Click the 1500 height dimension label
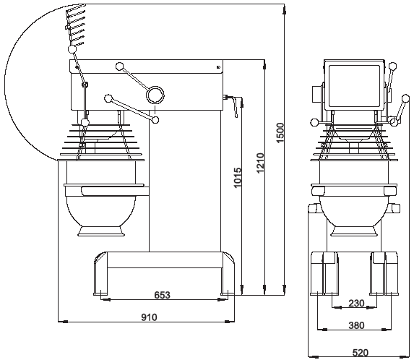[280, 133]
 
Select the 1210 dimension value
[260, 163]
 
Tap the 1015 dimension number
[238, 178]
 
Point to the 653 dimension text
[162, 295]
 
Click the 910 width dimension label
[149, 317]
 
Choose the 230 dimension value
[356, 303]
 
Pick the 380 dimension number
[356, 325]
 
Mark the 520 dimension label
[360, 353]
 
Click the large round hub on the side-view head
[155, 95]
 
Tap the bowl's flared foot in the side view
[101, 231]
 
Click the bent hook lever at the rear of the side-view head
[233, 105]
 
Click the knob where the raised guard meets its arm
[72, 49]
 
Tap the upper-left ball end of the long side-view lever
[120, 67]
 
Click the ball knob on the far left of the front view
[314, 122]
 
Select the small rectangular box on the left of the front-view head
[316, 95]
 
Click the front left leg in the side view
[101, 273]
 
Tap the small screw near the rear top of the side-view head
[218, 67]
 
